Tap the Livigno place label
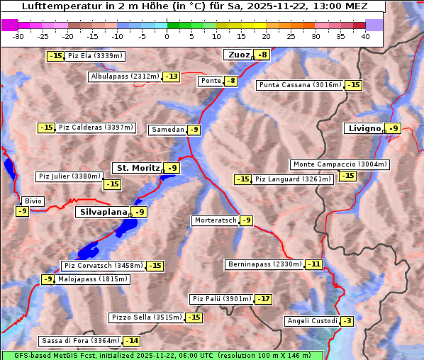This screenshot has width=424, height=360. [364, 128]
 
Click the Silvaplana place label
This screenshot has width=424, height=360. [104, 212]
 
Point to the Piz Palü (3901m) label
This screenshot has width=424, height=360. [221, 299]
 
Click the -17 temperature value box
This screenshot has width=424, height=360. [263, 299]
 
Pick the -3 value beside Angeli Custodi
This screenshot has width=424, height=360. [347, 321]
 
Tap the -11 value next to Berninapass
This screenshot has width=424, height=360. [313, 264]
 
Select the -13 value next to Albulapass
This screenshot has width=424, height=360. [171, 77]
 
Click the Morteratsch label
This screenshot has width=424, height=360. [215, 220]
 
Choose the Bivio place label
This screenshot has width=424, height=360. [33, 201]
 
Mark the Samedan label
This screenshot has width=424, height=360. [167, 130]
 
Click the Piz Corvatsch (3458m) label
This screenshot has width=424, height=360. [104, 266]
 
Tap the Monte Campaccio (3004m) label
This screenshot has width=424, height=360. [340, 164]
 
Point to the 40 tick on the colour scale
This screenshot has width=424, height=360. [365, 36]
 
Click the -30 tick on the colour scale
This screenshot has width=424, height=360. [18, 36]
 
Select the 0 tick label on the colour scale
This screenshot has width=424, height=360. [167, 36]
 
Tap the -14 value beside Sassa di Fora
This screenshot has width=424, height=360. [131, 341]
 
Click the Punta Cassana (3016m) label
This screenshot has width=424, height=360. [300, 85]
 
